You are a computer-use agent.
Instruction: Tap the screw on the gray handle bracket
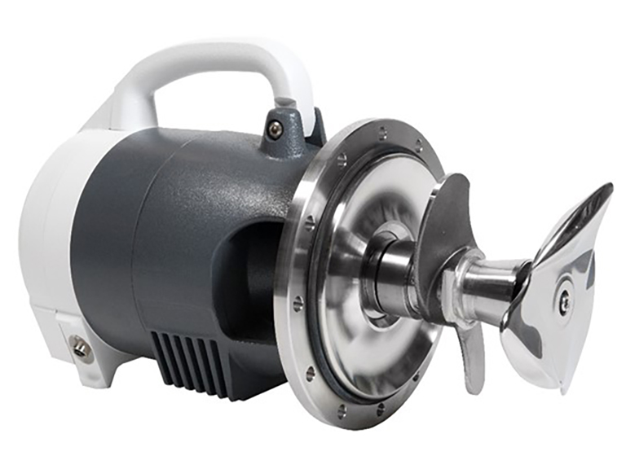pos(277,128)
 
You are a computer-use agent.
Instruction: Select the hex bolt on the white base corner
pos(81,348)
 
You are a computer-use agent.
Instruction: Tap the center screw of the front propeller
pos(563,300)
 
